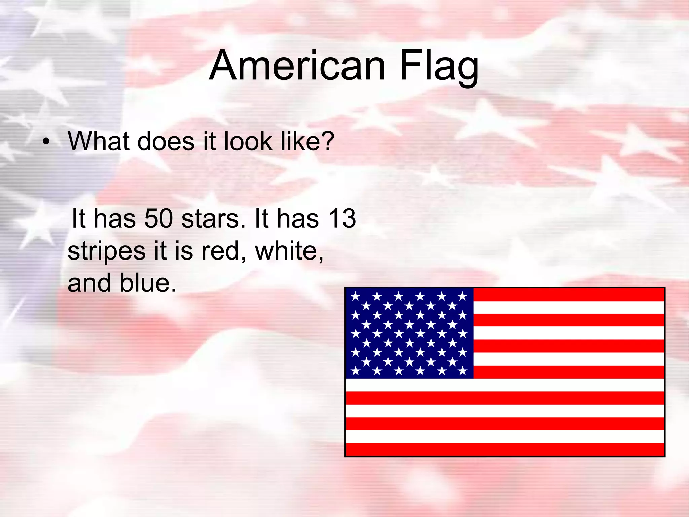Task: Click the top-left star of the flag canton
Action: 355,297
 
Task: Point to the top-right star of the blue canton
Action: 463,297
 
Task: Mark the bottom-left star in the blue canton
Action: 355,371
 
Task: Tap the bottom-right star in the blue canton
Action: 463,371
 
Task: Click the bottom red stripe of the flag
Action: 505,449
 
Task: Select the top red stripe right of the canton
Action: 569,295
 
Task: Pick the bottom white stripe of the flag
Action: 505,437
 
